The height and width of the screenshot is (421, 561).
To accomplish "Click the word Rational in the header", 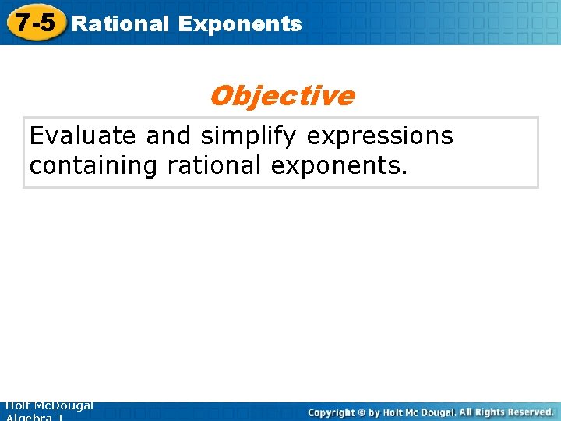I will pyautogui.click(x=120, y=23).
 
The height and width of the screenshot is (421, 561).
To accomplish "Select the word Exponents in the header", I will pyautogui.click(x=239, y=23).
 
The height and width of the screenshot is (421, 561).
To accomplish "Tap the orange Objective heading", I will pyautogui.click(x=281, y=96).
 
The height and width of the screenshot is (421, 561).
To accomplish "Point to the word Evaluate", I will pyautogui.click(x=83, y=136).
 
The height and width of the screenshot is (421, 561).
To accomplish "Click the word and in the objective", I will pyautogui.click(x=168, y=136).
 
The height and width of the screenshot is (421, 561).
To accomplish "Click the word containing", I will pyautogui.click(x=94, y=166).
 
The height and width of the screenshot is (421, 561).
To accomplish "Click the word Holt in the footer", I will pyautogui.click(x=18, y=405).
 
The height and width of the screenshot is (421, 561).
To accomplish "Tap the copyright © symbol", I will pyautogui.click(x=362, y=412).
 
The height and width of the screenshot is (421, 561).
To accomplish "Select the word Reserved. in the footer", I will pyautogui.click(x=529, y=411).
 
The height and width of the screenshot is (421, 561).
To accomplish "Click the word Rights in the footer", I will pyautogui.click(x=489, y=411).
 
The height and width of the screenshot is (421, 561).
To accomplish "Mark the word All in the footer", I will pyautogui.click(x=466, y=411).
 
